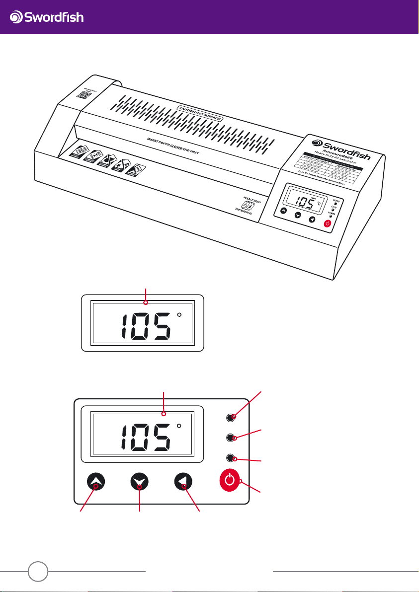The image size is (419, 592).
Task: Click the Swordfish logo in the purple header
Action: (x=47, y=17)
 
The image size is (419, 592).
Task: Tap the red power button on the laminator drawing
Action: (x=327, y=224)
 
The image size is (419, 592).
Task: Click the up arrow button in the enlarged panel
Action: (x=96, y=481)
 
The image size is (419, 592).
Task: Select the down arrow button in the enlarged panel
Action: (x=140, y=481)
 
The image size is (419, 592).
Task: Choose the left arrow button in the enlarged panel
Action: (x=184, y=481)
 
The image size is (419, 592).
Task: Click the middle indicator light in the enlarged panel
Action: (x=230, y=438)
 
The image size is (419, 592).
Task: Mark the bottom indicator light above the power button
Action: (x=230, y=457)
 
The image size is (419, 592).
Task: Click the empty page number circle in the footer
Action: (x=38, y=571)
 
